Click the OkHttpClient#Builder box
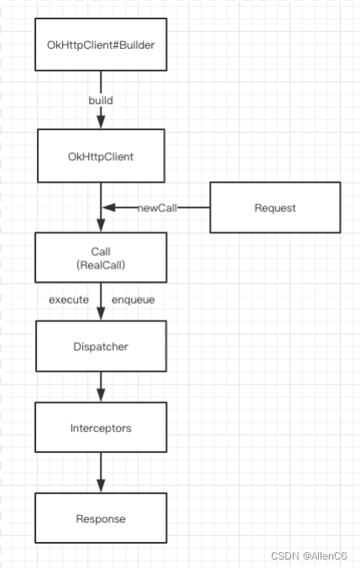[101, 44]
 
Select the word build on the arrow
[101, 101]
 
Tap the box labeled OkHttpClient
[101, 156]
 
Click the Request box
[275, 207]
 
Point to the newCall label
[157, 208]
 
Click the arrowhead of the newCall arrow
[108, 207]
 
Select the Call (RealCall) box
[101, 258]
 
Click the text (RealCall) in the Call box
[101, 265]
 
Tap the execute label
[69, 300]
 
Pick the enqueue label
[133, 300]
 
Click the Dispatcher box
[101, 346]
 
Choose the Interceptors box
[101, 427]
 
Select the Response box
[101, 518]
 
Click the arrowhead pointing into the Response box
[101, 486]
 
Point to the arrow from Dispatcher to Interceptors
[101, 387]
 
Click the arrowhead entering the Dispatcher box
[101, 314]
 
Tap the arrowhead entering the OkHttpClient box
[101, 122]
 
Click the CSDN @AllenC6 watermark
[309, 555]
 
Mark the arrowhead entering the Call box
[101, 226]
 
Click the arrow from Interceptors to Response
[101, 472]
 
